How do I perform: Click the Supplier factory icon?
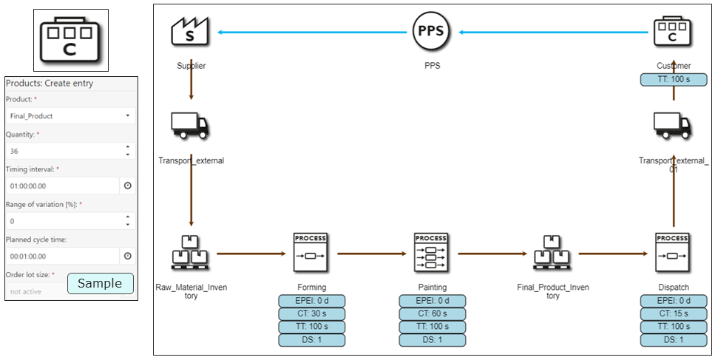click(x=191, y=32)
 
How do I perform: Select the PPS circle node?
click(x=432, y=32)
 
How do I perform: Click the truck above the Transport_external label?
click(x=190, y=126)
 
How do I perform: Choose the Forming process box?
click(x=311, y=253)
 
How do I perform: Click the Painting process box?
click(x=432, y=253)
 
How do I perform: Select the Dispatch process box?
click(x=673, y=253)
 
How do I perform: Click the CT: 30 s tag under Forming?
click(x=311, y=313)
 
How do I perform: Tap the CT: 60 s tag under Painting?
click(x=432, y=313)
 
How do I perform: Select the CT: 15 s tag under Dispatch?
click(x=673, y=313)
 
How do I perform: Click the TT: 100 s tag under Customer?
click(x=673, y=79)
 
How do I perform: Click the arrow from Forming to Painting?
click(x=371, y=254)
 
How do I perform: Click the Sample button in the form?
click(x=100, y=284)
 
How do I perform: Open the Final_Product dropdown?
click(x=70, y=116)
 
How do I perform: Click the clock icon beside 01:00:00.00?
click(x=127, y=186)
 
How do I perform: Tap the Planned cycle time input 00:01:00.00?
click(x=61, y=256)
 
